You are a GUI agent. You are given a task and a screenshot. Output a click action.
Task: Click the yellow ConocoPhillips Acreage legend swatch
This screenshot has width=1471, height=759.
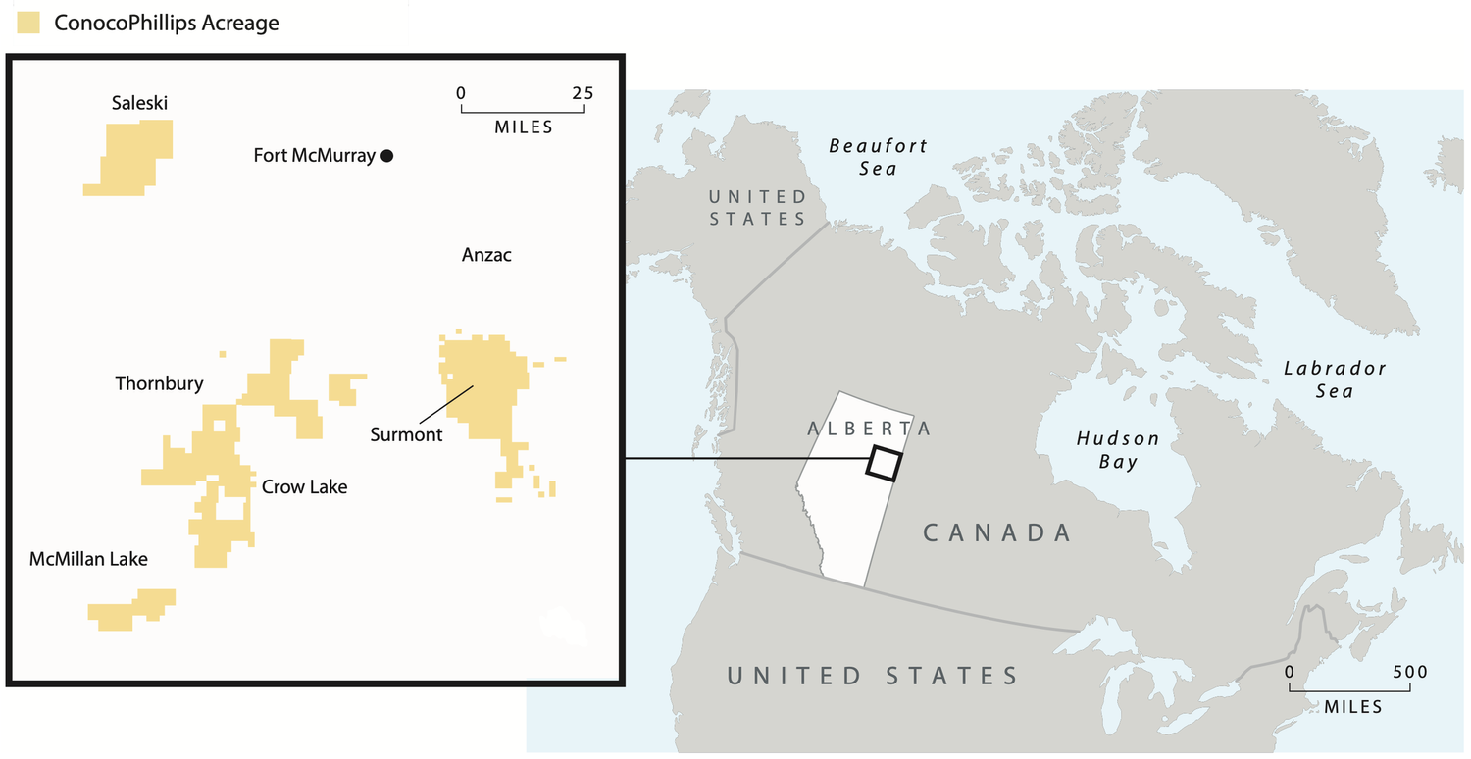(x=28, y=24)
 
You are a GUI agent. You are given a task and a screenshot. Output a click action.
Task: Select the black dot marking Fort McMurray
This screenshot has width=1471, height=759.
(x=387, y=155)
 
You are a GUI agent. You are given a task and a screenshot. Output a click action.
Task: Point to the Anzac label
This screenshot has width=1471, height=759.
(x=486, y=255)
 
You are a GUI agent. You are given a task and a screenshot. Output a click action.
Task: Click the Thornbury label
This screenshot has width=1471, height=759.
(x=159, y=383)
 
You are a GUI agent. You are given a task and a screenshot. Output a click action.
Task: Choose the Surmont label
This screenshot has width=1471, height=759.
(x=406, y=433)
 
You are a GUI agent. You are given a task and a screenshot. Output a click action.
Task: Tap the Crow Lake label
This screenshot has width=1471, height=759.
(x=304, y=486)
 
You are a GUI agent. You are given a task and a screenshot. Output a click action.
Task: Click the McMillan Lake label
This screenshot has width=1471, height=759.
(x=88, y=559)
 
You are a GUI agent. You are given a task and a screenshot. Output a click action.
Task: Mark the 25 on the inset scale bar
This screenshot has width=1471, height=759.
(x=582, y=93)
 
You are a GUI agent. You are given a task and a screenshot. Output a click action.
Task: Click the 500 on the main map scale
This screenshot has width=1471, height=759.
(x=1408, y=672)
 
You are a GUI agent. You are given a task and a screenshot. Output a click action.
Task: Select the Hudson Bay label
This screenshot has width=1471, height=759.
(x=1118, y=450)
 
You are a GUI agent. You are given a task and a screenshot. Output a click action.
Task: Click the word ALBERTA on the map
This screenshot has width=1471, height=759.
(x=869, y=429)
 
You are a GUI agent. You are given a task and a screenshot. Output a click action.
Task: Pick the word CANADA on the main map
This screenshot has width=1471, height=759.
(x=997, y=532)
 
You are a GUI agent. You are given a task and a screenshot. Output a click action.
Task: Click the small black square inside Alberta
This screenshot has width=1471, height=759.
(x=883, y=463)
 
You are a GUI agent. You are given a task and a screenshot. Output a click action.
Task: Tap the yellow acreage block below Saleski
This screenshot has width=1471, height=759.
(x=130, y=157)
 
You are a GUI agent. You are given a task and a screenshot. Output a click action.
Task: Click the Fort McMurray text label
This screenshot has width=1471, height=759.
(x=314, y=155)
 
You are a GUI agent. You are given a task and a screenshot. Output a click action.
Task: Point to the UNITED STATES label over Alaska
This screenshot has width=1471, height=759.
(x=757, y=207)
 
